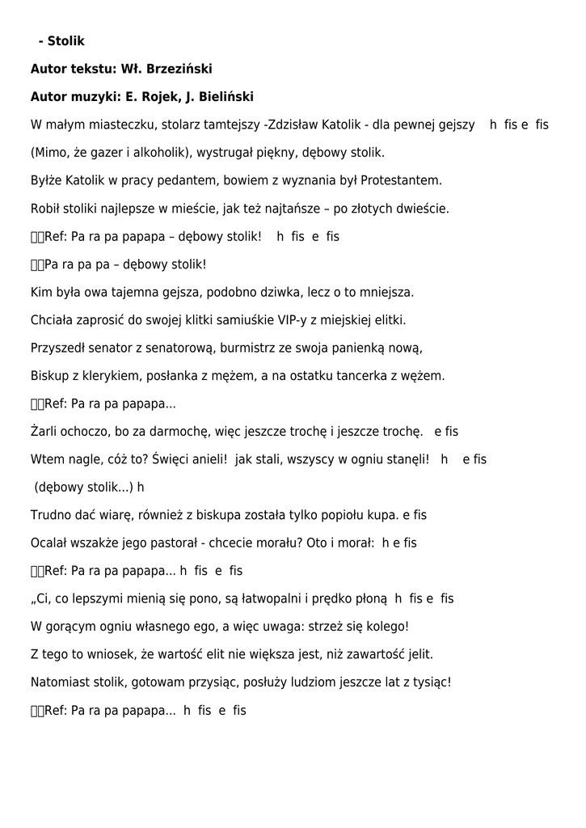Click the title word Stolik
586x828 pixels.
click(x=66, y=40)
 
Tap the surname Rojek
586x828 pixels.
click(x=160, y=97)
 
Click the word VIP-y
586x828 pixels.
click(x=294, y=319)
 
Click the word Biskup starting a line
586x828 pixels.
click(x=49, y=376)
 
